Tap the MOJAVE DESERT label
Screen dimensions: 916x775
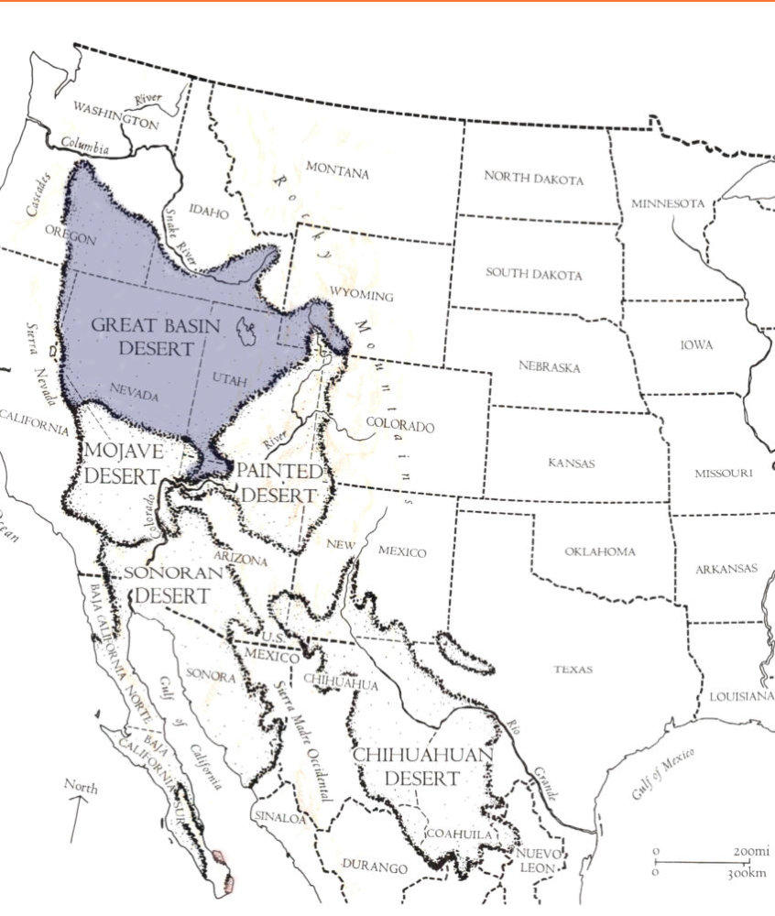pyautogui.click(x=123, y=463)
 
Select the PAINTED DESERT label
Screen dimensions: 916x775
pyautogui.click(x=279, y=483)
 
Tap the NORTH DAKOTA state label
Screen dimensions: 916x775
pyautogui.click(x=533, y=179)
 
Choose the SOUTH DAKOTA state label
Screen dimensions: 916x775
pyautogui.click(x=533, y=274)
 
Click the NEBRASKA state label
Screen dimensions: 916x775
pyautogui.click(x=549, y=366)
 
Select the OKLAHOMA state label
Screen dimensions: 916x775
pyautogui.click(x=599, y=551)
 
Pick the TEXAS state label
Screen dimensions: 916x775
pyautogui.click(x=573, y=670)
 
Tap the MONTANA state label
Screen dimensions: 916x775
pyautogui.click(x=337, y=170)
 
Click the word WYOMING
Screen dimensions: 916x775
pyautogui.click(x=363, y=296)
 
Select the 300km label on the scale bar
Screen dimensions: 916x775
pyautogui.click(x=747, y=873)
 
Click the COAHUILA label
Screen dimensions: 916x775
pyautogui.click(x=463, y=834)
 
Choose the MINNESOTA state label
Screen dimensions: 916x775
pyautogui.click(x=668, y=203)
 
